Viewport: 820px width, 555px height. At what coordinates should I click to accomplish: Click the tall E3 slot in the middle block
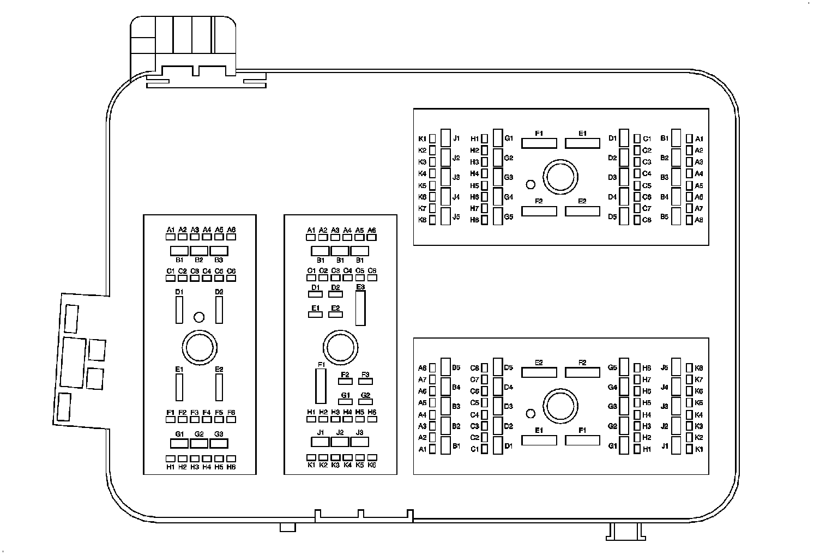(360, 308)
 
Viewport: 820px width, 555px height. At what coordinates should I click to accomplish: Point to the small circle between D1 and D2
(199, 317)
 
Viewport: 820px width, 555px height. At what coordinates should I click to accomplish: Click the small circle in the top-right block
(530, 184)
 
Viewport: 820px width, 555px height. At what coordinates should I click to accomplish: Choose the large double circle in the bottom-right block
(560, 407)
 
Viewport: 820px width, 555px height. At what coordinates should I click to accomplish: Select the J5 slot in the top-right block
(445, 216)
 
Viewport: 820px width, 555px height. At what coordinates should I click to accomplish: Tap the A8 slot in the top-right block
(689, 220)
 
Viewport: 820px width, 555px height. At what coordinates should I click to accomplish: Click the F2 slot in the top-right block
(539, 211)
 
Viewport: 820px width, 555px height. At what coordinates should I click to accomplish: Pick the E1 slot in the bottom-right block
(539, 440)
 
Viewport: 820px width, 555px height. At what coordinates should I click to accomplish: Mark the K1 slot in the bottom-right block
(689, 449)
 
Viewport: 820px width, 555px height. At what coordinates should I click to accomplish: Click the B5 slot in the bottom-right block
(445, 367)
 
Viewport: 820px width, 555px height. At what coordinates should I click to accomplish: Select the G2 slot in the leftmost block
(199, 443)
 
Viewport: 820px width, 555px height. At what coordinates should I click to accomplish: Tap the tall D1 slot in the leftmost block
(179, 310)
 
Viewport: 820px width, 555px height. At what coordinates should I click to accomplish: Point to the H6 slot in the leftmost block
(231, 459)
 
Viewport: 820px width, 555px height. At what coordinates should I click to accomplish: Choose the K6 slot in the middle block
(372, 457)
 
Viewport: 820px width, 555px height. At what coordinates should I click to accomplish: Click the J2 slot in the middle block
(340, 442)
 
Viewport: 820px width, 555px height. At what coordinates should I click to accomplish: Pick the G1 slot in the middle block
(345, 402)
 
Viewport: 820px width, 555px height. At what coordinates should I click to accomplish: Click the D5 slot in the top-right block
(624, 216)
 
